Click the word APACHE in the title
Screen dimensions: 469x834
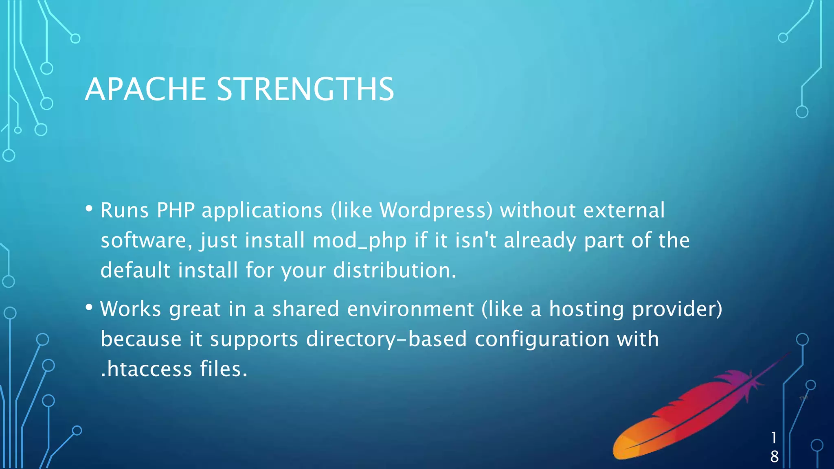pyautogui.click(x=145, y=89)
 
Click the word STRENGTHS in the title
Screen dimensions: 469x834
pyautogui.click(x=305, y=89)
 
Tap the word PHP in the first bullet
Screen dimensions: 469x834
pyautogui.click(x=176, y=210)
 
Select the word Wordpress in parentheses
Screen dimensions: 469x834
pyautogui.click(x=436, y=210)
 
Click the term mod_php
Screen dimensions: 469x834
pyautogui.click(x=360, y=241)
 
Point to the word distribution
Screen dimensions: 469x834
pyautogui.click(x=395, y=270)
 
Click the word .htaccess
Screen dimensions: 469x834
pyautogui.click(x=146, y=369)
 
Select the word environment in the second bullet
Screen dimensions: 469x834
pyautogui.click(x=410, y=309)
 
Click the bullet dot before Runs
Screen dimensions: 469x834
pyautogui.click(x=89, y=209)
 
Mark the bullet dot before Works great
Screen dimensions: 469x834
pyautogui.click(x=89, y=307)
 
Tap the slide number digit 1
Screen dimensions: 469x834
pyautogui.click(x=774, y=438)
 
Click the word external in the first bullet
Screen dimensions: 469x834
pyautogui.click(x=624, y=210)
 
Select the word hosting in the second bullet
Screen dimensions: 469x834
pyautogui.click(x=586, y=309)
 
